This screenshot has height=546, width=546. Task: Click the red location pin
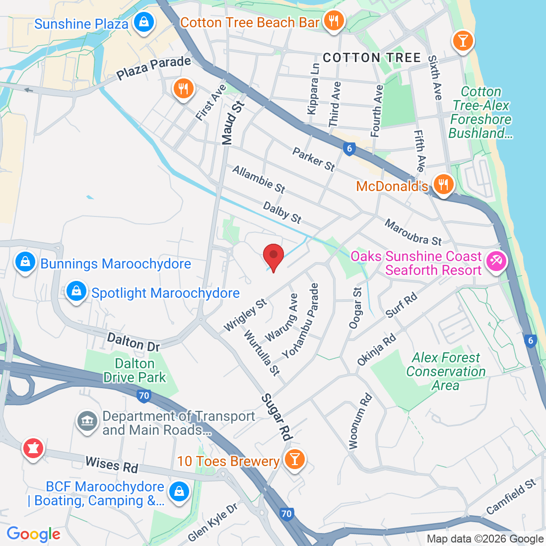[273, 256]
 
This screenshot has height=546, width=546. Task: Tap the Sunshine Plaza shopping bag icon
[143, 22]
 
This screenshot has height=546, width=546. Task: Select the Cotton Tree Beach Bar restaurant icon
[333, 21]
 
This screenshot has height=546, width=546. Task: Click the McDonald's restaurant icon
[443, 185]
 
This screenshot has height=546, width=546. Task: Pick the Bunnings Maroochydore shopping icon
[25, 262]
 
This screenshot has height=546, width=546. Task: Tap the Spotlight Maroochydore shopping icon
[76, 292]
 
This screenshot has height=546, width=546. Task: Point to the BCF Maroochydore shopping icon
[178, 492]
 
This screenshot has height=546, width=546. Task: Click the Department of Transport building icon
[87, 422]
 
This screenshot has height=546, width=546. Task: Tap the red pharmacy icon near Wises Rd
[33, 449]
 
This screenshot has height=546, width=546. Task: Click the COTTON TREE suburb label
[372, 58]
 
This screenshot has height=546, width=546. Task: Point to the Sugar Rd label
[276, 417]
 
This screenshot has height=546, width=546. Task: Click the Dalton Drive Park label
[135, 371]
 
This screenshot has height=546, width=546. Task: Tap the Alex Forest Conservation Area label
[446, 371]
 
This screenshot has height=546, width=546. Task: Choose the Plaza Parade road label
[154, 68]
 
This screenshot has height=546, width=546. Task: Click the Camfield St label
[511, 496]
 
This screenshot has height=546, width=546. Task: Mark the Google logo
[33, 534]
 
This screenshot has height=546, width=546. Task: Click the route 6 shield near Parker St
[349, 148]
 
